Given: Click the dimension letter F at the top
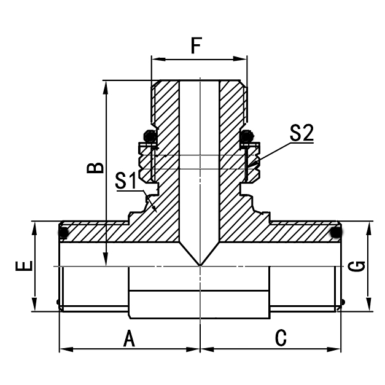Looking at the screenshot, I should click(x=196, y=45).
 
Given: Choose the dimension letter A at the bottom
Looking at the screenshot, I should click(x=129, y=338).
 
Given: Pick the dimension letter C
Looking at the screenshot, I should click(x=281, y=338).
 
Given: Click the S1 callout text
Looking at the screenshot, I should click(x=126, y=181).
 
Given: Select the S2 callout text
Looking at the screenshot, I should click(x=301, y=133).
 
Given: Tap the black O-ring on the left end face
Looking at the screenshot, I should click(x=63, y=233).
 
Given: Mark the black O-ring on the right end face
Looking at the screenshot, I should click(x=336, y=233).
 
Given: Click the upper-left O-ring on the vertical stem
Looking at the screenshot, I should click(x=149, y=135).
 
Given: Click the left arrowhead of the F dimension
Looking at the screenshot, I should click(x=155, y=60).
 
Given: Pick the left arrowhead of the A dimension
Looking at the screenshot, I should click(x=63, y=349).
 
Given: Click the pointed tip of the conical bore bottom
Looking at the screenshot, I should click(x=200, y=265).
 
